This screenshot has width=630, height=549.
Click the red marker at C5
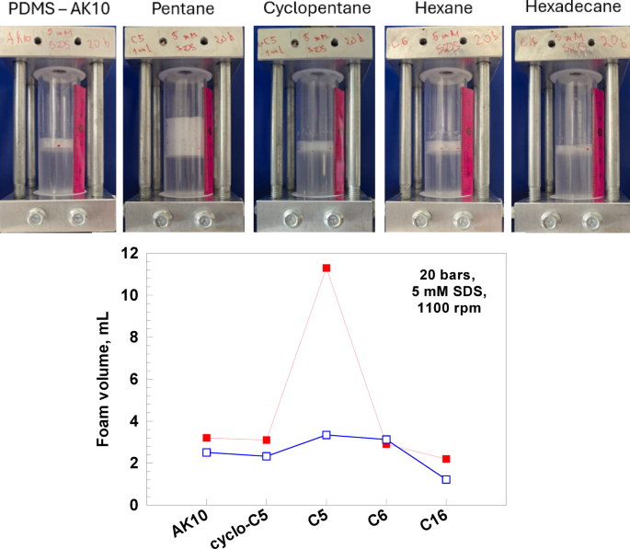tap(326, 268)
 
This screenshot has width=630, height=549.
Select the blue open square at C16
tap(446, 479)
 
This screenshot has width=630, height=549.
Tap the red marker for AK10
tap(207, 438)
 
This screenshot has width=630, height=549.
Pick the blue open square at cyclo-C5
tap(267, 456)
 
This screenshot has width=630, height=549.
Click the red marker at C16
tap(446, 459)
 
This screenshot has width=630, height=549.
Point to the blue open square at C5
tap(326, 435)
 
